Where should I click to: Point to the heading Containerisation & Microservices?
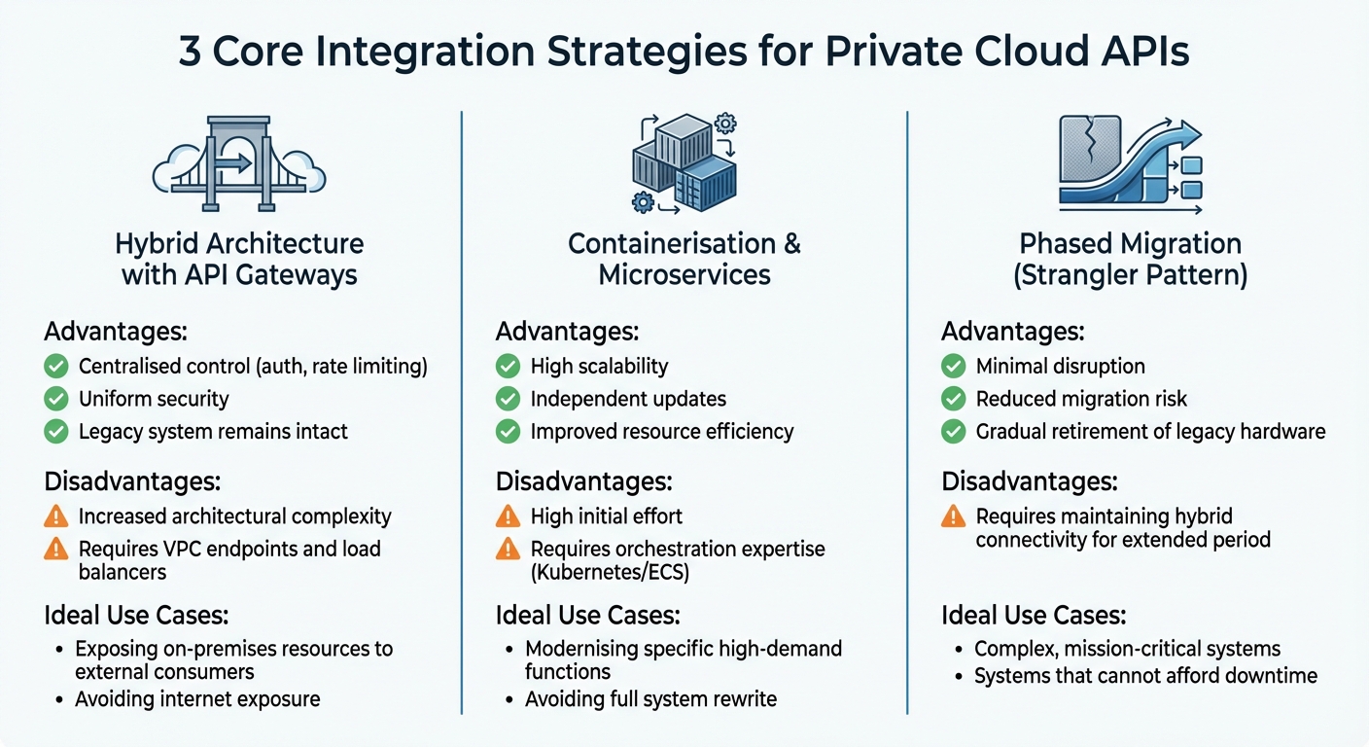(684, 259)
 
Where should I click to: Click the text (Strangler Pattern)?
(1130, 274)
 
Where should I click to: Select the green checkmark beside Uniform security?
(57, 399)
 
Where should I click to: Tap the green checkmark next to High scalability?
(508, 367)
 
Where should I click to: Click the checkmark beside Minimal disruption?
(954, 367)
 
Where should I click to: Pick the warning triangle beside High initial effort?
(508, 516)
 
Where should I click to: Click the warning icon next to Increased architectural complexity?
(57, 516)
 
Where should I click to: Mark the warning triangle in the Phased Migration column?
(954, 516)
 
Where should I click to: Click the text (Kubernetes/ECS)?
(610, 572)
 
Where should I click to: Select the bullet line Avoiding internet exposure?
(197, 698)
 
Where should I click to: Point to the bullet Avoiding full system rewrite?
(650, 698)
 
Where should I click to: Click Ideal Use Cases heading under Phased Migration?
(1034, 615)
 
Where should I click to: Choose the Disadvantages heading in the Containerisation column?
(585, 481)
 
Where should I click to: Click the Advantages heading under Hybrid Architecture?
(116, 332)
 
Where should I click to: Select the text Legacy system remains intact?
(213, 431)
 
